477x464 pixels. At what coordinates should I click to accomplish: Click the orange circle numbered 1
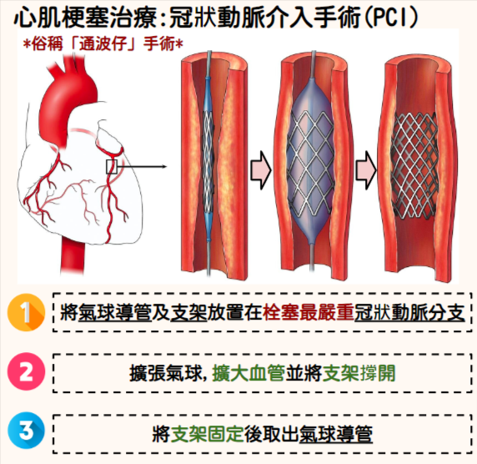[26, 312]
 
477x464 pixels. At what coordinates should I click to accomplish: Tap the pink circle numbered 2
[26, 371]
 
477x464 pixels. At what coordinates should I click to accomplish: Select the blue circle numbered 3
[26, 431]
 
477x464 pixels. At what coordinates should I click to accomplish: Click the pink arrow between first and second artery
[261, 170]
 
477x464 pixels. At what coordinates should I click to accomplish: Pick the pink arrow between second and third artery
[366, 170]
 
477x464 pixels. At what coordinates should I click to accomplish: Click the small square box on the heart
[112, 167]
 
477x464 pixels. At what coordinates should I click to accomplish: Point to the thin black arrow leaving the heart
[143, 167]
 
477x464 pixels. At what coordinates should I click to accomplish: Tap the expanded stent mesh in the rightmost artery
[414, 165]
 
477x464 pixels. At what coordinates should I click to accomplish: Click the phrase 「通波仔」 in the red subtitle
[104, 44]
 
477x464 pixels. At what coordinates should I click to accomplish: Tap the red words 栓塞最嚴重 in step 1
[309, 312]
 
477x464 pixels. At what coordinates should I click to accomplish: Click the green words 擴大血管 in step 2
[249, 373]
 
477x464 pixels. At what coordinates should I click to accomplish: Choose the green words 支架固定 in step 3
[207, 434]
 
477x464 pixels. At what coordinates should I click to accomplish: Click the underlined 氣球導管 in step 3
[336, 434]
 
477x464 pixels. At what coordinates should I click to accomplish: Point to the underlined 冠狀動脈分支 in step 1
[409, 312]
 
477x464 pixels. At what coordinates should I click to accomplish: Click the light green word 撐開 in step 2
[377, 373]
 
